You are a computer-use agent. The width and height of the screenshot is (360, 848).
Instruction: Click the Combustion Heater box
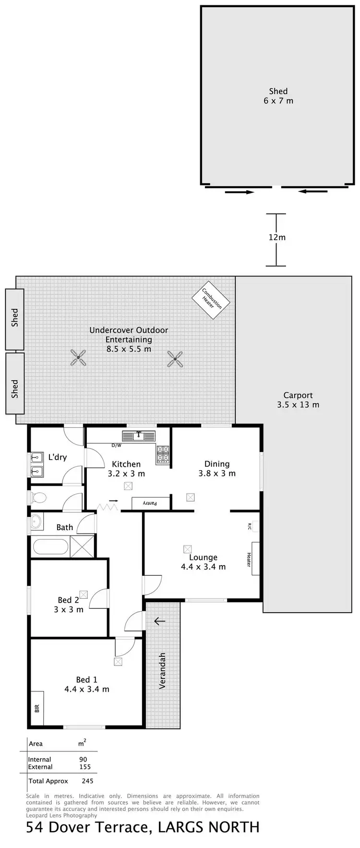[x=211, y=299]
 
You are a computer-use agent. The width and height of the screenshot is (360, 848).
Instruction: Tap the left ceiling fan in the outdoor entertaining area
[x=78, y=357]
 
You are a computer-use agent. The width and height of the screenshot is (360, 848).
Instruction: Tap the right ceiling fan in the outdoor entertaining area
[x=175, y=358]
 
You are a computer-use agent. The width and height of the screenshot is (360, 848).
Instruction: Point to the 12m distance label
[x=277, y=237]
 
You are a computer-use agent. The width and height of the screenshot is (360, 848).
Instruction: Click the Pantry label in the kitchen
[x=151, y=503]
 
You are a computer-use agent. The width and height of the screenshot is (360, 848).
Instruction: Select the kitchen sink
[x=139, y=436]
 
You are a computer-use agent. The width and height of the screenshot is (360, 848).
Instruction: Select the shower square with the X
[x=82, y=546]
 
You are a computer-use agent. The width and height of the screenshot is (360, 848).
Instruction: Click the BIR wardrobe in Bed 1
[x=37, y=708]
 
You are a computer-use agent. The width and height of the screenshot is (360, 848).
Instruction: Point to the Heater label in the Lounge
[x=249, y=559]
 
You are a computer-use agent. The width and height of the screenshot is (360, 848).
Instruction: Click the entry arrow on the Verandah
[x=159, y=621]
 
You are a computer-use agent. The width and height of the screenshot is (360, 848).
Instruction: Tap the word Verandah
[x=162, y=670]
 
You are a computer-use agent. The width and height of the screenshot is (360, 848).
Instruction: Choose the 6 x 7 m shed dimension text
[x=278, y=101]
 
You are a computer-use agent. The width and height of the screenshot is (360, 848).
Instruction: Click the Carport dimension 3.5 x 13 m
[x=298, y=405]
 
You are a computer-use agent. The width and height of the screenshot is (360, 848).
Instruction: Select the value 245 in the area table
[x=87, y=781]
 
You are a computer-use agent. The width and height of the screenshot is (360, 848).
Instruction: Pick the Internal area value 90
[x=83, y=759]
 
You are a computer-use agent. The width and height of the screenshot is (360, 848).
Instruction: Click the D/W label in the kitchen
[x=116, y=445]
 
